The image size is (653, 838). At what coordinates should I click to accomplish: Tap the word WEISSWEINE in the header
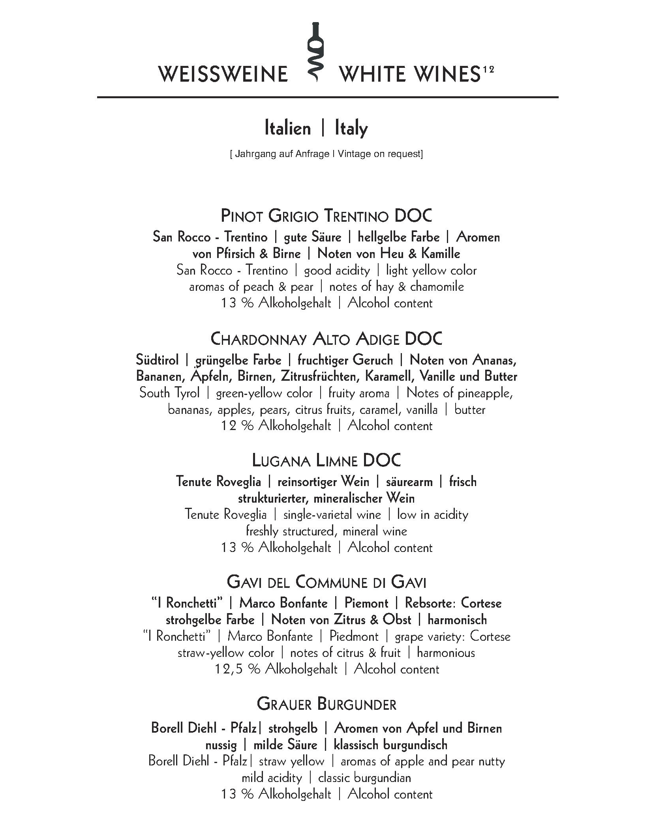coord(223,74)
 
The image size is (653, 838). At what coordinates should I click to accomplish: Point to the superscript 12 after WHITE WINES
coord(488,69)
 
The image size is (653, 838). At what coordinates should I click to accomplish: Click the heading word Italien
coord(287,129)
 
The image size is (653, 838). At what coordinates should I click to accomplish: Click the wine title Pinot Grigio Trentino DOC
coord(326,216)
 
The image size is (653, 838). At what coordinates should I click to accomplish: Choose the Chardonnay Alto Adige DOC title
coord(326,339)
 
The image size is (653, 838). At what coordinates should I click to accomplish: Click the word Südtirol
coord(157,360)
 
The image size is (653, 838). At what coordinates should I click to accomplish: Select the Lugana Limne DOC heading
coord(326,460)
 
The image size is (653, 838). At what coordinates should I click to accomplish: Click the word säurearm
coord(409,482)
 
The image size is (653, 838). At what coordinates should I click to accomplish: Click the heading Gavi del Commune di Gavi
coord(326,582)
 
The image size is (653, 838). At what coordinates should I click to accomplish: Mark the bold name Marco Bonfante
coord(283,603)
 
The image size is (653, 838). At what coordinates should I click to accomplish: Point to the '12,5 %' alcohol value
coord(237,669)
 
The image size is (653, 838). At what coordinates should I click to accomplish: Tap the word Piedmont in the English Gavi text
coord(354,636)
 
